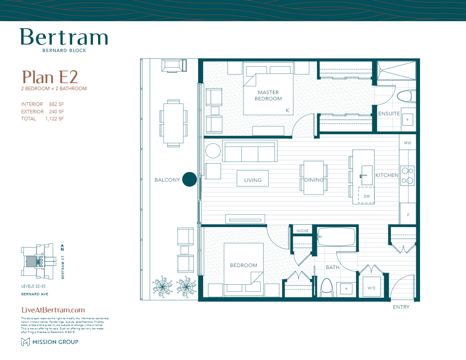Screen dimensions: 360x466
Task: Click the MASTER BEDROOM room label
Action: pyautogui.click(x=268, y=96)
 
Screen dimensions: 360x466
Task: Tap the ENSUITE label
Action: pyautogui.click(x=389, y=114)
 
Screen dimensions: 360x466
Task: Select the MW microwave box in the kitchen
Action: pyautogui.click(x=408, y=143)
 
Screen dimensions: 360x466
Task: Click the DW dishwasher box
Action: pyautogui.click(x=367, y=196)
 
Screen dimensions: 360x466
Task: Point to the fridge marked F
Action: pyautogui.click(x=408, y=215)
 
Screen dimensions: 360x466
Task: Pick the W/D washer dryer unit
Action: pyautogui.click(x=371, y=288)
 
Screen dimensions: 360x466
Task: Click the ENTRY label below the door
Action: pyautogui.click(x=401, y=307)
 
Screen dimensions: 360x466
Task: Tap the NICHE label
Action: pyautogui.click(x=302, y=231)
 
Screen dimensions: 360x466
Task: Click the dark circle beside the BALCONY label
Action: pyautogui.click(x=189, y=180)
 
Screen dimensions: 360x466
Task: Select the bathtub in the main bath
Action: pyautogui.click(x=337, y=237)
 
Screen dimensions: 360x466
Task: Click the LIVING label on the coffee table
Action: pyautogui.click(x=253, y=180)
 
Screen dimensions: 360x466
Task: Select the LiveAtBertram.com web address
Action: pyautogui.click(x=53, y=310)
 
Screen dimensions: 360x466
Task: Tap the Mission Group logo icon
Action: pyautogui.click(x=25, y=342)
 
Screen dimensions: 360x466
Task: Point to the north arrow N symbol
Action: pyautogui.click(x=62, y=247)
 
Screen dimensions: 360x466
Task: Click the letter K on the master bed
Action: pyautogui.click(x=288, y=111)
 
